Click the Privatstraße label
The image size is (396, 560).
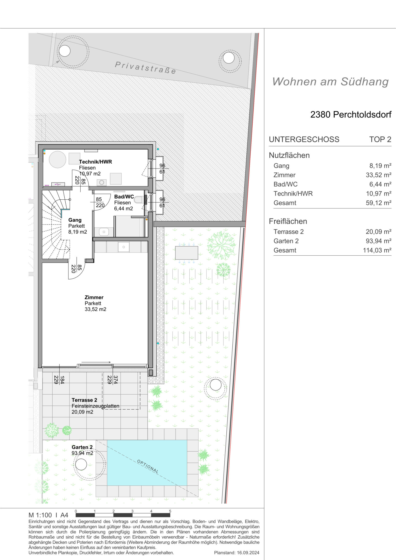coord(145,68)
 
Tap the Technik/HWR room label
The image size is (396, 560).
coord(95,162)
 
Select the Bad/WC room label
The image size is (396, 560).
coord(124,197)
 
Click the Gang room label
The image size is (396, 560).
coord(75,220)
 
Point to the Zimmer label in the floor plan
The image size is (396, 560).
coord(94,297)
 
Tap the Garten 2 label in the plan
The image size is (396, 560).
coord(82,447)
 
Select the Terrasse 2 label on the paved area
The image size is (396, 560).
coord(84,400)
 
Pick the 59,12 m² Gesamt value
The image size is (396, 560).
coord(378,203)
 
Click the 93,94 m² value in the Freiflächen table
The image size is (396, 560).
coord(378,241)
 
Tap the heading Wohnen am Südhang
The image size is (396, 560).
coord(330,82)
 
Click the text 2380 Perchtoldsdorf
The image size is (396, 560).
coord(351,115)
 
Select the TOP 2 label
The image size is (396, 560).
coord(380,139)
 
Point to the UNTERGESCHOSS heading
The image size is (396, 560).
coord(304,139)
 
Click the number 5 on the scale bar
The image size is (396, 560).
coord(170,511)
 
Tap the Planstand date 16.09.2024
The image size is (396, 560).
coord(248,552)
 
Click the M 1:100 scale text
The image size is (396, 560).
coord(40,515)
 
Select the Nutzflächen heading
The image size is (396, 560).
coord(289,155)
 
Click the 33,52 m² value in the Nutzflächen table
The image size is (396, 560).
coord(378,175)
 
